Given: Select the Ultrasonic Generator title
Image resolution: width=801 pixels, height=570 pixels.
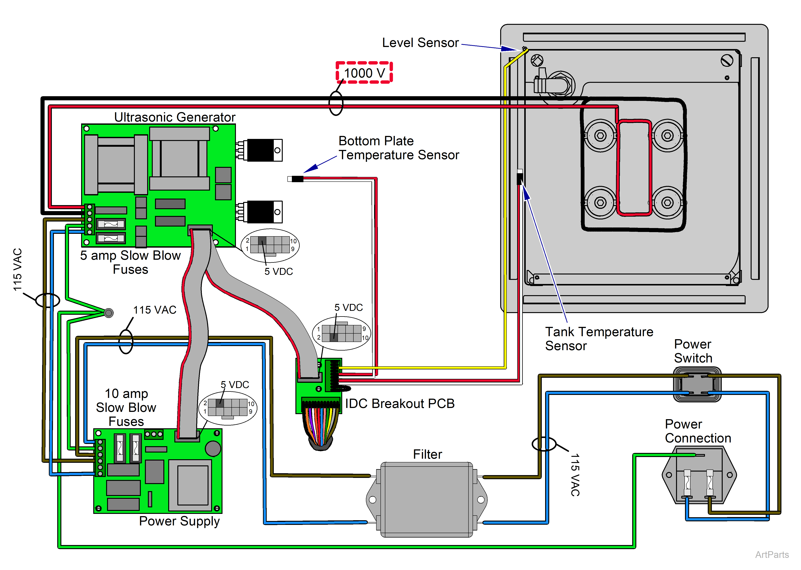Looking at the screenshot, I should pos(174,117).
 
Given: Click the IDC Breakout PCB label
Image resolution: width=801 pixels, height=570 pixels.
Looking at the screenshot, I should pos(399,404).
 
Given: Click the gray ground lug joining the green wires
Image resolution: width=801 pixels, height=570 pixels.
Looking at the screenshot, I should pos(109,313).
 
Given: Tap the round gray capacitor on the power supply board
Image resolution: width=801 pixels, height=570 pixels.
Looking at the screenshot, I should pos(213,449).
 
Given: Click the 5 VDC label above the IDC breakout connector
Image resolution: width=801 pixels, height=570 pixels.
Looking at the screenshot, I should pos(348,307).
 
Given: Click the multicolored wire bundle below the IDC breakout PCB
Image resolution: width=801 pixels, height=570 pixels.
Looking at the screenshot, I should pos(320,430).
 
